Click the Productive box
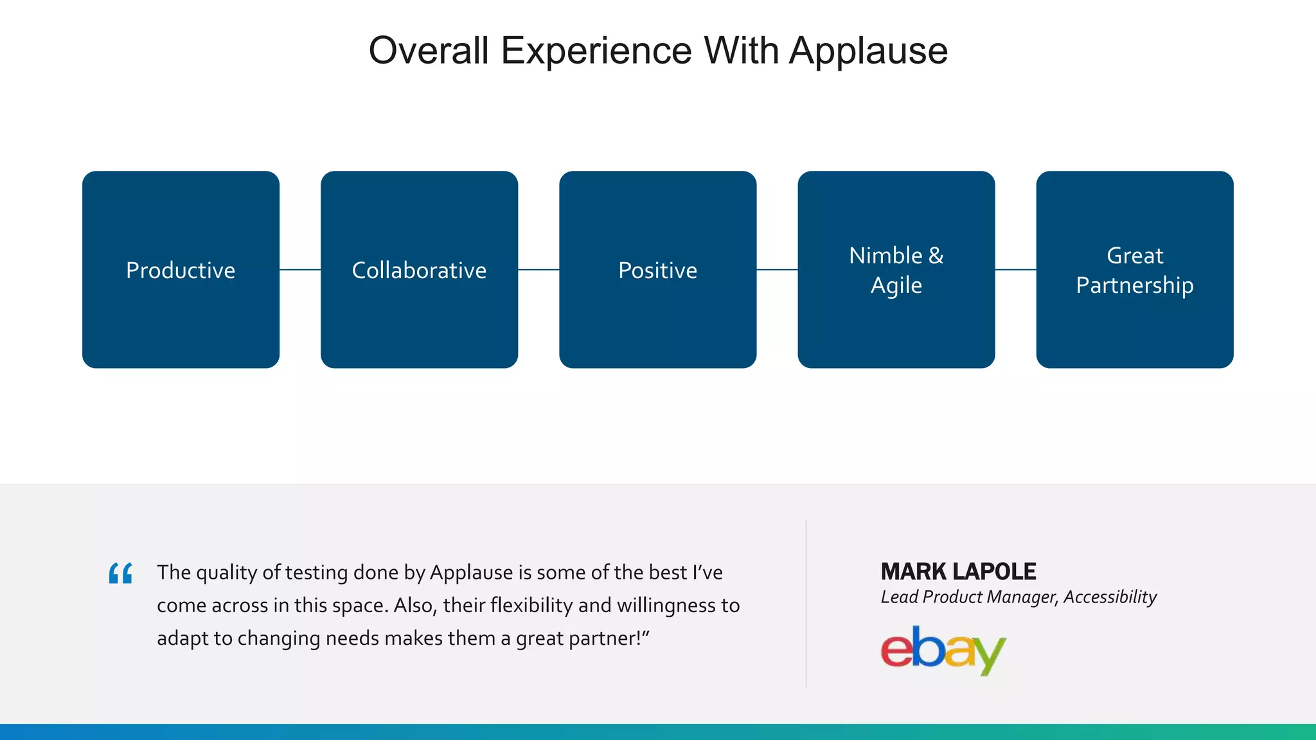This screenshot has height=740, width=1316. [181, 270]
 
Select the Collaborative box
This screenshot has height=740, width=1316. [419, 270]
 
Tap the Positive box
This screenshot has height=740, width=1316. [657, 270]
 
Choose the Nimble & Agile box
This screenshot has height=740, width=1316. [896, 270]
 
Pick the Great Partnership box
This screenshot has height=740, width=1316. [1134, 270]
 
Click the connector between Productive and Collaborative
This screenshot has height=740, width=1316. [300, 270]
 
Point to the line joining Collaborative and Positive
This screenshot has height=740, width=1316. [538, 270]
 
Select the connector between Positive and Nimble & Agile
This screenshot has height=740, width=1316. [777, 270]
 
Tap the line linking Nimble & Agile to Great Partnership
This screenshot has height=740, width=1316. [1015, 270]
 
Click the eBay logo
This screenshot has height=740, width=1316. [943, 650]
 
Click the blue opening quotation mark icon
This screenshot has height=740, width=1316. [120, 573]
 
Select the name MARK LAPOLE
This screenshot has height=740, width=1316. [958, 571]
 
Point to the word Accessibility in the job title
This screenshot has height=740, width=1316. [1110, 597]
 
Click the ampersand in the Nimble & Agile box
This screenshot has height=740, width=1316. [936, 256]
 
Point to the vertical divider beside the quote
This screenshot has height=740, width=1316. [806, 604]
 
